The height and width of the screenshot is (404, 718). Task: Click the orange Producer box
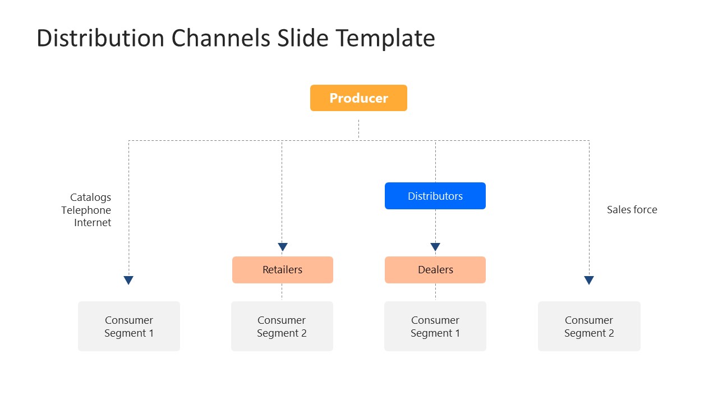[x=358, y=98]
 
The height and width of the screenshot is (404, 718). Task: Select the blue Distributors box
[x=435, y=196]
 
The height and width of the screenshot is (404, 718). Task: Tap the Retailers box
[x=282, y=270]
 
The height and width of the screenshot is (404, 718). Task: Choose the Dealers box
[x=435, y=270]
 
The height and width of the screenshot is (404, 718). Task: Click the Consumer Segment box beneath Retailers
[x=282, y=327]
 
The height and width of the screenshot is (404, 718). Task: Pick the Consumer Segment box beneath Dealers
[x=435, y=327]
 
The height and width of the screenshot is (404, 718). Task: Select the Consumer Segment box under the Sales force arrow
[x=589, y=327]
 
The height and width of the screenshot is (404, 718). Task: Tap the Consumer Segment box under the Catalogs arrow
[x=128, y=327]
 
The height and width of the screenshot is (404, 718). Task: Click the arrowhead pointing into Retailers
[x=282, y=247]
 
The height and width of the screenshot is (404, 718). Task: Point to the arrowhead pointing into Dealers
[x=435, y=247]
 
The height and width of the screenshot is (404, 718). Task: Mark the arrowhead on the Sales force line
[x=589, y=280]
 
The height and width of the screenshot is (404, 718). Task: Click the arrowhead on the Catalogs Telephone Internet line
[x=128, y=280]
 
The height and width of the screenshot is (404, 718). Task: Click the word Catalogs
[x=90, y=198]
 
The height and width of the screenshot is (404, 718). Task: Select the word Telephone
[x=86, y=210]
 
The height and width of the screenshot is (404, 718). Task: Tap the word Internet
[x=93, y=223]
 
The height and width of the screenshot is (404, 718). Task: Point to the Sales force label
[x=632, y=210]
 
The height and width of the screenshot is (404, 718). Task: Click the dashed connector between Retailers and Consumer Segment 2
[x=282, y=292]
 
